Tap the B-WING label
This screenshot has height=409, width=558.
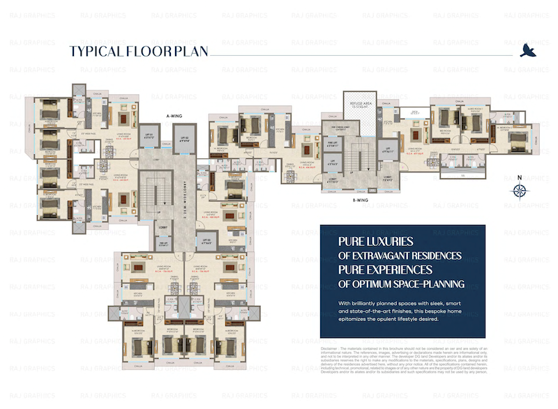360,200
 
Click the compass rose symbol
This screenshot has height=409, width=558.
519,190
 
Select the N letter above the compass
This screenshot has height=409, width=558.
519,176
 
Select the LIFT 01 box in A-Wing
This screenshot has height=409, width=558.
148,136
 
